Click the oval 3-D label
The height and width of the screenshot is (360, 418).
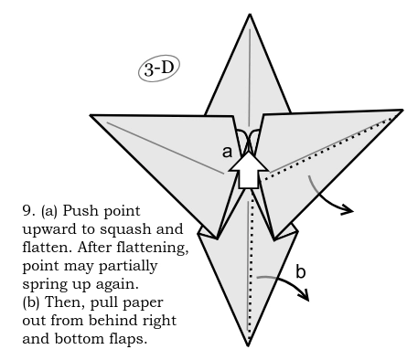click(161, 69)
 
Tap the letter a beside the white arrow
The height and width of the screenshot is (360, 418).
click(227, 153)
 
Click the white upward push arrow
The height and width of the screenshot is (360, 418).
click(247, 166)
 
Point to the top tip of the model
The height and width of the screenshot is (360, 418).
click(249, 16)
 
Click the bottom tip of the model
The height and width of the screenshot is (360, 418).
click(249, 345)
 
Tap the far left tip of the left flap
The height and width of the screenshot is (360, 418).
click(91, 115)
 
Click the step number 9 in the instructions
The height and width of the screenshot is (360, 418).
click(27, 210)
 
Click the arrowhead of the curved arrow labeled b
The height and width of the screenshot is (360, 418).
click(305, 296)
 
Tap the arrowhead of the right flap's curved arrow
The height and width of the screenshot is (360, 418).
click(348, 210)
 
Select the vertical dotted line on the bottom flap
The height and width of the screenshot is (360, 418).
click(249, 274)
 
